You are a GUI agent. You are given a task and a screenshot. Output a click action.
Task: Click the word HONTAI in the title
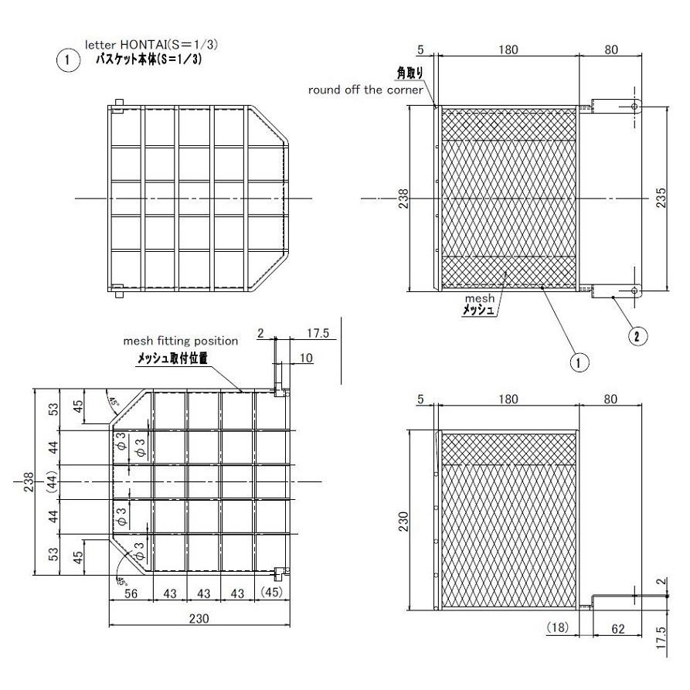pos(146,46)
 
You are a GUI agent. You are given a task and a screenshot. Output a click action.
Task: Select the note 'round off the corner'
pos(365,90)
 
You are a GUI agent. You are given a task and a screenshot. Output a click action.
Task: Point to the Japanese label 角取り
pos(410,73)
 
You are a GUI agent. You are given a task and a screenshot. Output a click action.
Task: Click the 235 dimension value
pos(660,199)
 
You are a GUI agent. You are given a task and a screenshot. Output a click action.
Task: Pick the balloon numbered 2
pos(636,335)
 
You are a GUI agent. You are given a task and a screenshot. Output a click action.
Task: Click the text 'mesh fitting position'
pos(181,340)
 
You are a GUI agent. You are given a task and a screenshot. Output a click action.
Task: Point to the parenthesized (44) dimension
pos(50,482)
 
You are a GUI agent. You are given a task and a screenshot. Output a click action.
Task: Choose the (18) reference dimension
pos(557,629)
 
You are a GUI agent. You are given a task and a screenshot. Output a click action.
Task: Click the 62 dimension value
pos(618,629)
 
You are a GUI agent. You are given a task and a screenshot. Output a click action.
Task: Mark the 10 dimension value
pos(306,357)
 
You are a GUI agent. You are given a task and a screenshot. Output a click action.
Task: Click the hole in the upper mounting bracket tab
pos(634,106)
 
